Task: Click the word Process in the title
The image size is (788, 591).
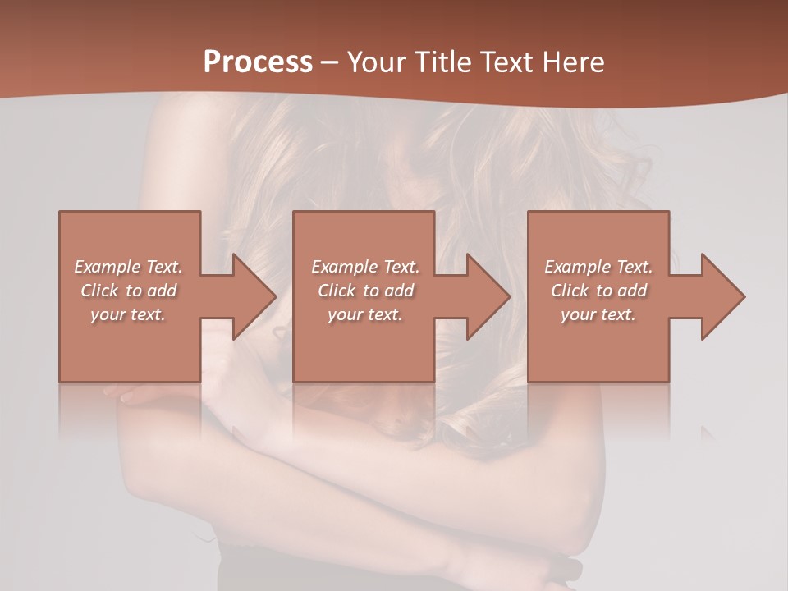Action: [258, 62]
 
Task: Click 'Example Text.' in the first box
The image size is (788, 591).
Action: [128, 267]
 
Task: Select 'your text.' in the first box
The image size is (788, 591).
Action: [128, 314]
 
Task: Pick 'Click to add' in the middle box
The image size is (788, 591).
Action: [365, 291]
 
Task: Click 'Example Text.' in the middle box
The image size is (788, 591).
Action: [365, 267]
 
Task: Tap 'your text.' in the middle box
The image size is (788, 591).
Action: [365, 314]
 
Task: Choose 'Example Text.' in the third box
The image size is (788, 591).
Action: [598, 267]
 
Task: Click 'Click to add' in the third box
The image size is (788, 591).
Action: [598, 291]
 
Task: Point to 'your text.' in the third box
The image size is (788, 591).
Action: [598, 314]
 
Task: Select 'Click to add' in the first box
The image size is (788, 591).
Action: [128, 291]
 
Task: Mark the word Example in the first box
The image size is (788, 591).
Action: [108, 267]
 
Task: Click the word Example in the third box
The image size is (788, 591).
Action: [578, 267]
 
